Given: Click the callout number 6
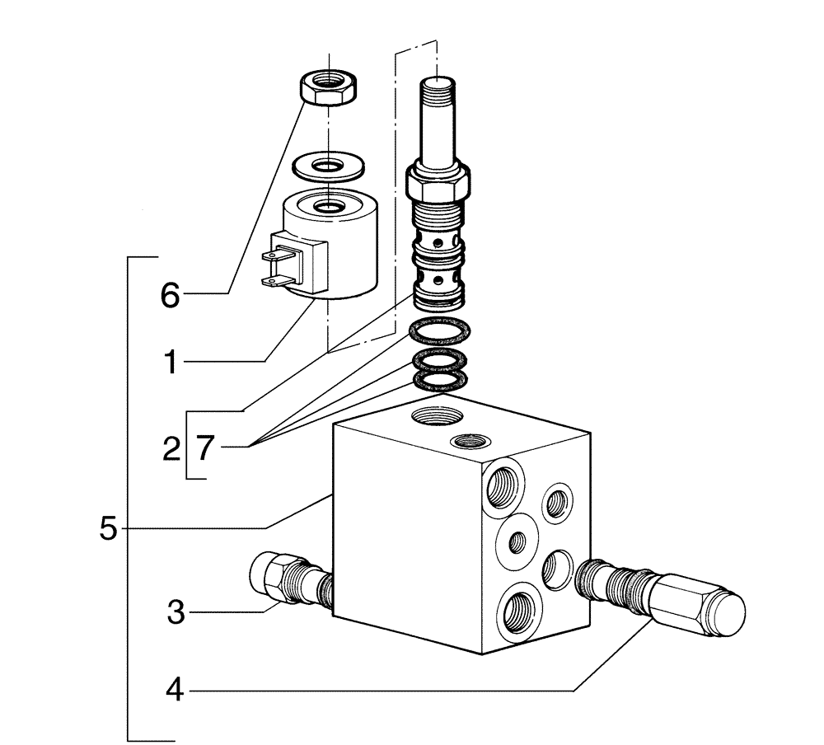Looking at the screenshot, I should (169, 294).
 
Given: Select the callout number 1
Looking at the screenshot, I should (169, 362).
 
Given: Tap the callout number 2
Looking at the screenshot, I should (171, 450).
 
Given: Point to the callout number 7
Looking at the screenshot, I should (205, 449).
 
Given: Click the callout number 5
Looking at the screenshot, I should (108, 528).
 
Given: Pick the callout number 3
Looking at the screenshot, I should (175, 612).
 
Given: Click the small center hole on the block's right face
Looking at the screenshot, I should (517, 541).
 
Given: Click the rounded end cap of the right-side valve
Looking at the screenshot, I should (724, 614).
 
